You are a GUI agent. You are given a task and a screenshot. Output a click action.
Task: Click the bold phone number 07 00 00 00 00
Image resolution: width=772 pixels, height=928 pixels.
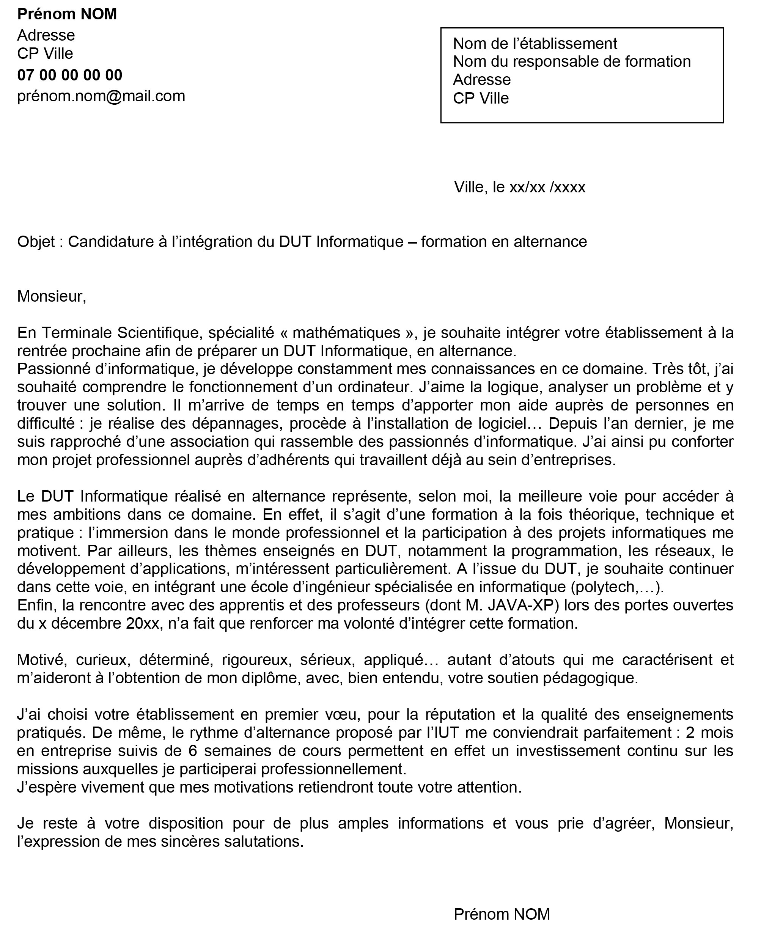click(69, 75)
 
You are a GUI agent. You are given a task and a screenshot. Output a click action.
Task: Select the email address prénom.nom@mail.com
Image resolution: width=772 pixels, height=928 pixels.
click(101, 96)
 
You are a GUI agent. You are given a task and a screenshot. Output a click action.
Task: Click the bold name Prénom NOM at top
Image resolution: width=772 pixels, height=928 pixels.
click(67, 14)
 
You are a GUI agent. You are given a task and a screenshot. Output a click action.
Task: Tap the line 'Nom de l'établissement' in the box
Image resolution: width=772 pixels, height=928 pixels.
click(535, 43)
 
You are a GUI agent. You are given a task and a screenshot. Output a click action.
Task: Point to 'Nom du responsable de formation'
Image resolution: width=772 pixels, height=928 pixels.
click(571, 61)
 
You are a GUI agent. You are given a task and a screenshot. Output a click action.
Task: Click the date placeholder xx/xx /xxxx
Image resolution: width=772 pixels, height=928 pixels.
click(547, 187)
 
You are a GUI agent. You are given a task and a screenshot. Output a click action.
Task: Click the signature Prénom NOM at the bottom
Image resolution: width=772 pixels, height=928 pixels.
click(502, 914)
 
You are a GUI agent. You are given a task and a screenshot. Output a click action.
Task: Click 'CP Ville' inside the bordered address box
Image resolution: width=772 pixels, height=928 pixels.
click(481, 98)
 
